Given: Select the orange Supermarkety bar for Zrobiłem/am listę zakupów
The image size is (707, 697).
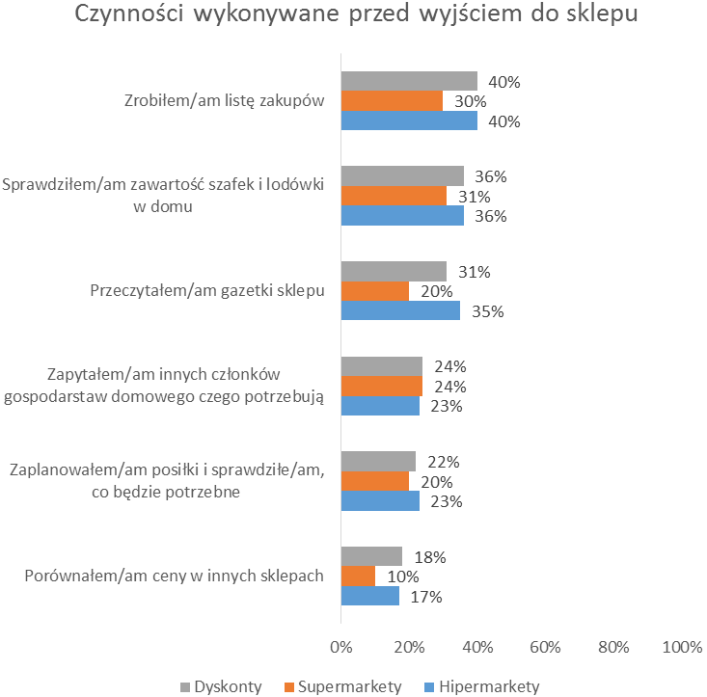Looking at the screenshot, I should pos(392,101).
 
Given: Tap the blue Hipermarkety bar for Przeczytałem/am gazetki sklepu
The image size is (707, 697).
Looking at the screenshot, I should pos(400,311).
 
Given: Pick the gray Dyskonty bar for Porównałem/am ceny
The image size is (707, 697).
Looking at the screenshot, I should pos(371,556).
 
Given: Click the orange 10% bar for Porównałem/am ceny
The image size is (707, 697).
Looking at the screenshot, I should pos(358,576).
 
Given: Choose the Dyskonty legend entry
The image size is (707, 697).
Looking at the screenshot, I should pos(221,686).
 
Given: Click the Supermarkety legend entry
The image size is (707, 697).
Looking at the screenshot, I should pos(343,686).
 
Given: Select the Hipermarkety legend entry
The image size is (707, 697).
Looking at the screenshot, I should pos(481,686).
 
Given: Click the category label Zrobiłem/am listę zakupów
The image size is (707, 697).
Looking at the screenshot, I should pos(223,101).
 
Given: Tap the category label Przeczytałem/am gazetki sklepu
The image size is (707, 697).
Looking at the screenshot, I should pos(207,290).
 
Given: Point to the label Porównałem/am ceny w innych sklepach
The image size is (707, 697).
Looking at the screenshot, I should pos(173,576).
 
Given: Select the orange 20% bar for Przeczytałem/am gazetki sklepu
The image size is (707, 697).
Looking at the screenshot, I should pos(374,291).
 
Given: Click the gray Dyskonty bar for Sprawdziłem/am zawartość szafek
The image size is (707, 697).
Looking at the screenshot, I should pos(402,175).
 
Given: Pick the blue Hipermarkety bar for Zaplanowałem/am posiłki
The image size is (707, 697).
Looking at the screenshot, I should pos(380,501).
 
